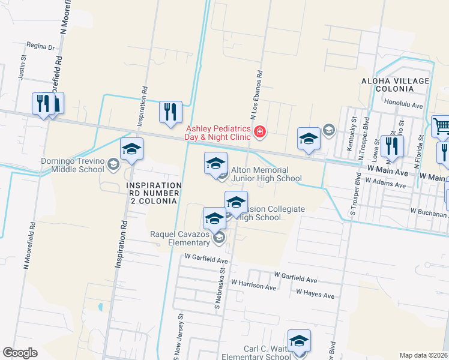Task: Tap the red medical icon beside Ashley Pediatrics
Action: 260,131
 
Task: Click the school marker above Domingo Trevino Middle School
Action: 131,149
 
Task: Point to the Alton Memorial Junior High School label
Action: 267,174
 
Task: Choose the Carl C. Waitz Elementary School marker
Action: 299,341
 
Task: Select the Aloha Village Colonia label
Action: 395,85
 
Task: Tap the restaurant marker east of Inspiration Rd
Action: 170,112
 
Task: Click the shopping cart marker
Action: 441,127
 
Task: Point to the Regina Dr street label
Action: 41,46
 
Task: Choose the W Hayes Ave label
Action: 315,295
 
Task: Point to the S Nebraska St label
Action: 218,295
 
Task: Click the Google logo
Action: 20,353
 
